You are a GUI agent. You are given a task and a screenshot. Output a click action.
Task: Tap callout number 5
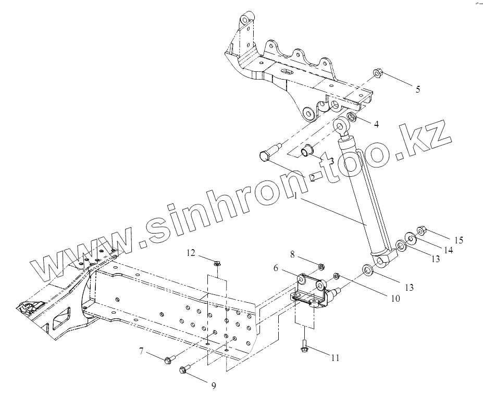[x=417, y=89]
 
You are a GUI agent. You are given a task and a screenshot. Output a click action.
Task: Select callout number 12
[x=191, y=253]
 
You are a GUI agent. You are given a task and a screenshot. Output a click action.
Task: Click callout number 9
[x=213, y=385]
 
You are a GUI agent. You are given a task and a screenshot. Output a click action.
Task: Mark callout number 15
[x=459, y=240]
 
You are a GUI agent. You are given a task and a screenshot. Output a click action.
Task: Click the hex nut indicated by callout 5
[x=378, y=73]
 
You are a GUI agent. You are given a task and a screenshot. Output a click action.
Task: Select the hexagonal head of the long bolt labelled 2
[x=264, y=155]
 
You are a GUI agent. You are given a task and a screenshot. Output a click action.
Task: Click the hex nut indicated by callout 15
[x=422, y=230]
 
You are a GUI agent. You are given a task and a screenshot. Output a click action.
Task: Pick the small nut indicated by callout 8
[x=321, y=267]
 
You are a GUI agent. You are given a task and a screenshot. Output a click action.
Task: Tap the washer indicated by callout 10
[x=336, y=276]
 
